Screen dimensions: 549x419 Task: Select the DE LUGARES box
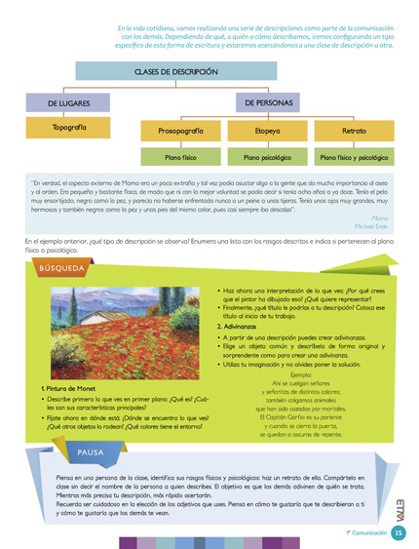point(68,102)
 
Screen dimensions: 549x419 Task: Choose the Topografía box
point(68,128)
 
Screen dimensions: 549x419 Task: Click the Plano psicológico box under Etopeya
point(267,156)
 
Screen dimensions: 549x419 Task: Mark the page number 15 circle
point(400,534)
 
